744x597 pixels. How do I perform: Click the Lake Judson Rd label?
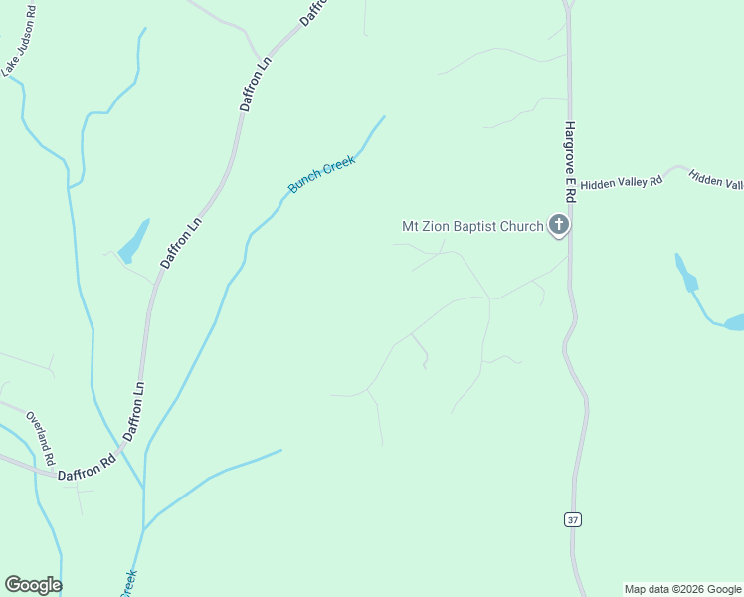(19, 41)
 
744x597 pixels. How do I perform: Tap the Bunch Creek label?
(321, 175)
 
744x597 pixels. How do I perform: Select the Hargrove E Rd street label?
(570, 159)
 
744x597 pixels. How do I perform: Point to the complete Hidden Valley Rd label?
(621, 183)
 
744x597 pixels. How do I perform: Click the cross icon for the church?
(559, 226)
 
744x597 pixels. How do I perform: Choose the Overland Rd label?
(39, 438)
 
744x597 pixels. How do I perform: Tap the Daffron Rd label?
(87, 467)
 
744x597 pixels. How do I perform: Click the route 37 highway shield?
(571, 519)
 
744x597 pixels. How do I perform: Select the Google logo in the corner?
(33, 585)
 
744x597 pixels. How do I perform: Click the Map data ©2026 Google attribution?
(682, 589)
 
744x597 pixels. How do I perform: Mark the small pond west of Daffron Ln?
(133, 242)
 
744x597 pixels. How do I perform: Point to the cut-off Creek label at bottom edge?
(127, 583)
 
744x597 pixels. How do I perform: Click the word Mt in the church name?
(410, 226)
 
